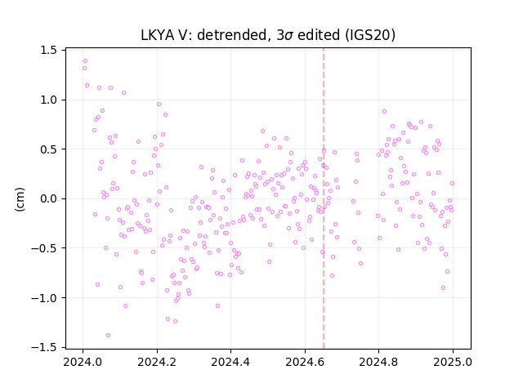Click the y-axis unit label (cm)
tap(20, 199)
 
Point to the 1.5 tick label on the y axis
tap(49, 51)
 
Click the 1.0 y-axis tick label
tap(49, 100)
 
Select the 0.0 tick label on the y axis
tap(49, 198)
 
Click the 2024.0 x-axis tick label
tap(83, 362)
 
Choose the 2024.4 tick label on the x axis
tap(230, 362)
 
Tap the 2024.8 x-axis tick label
tap(378, 362)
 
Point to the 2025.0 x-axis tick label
tap(453, 362)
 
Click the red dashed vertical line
tap(324, 198)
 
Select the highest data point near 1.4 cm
tap(85, 60)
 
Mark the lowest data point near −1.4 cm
tap(108, 335)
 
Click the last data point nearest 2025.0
tap(452, 183)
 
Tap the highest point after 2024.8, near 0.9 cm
tap(385, 111)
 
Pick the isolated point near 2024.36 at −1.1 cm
tap(218, 305)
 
